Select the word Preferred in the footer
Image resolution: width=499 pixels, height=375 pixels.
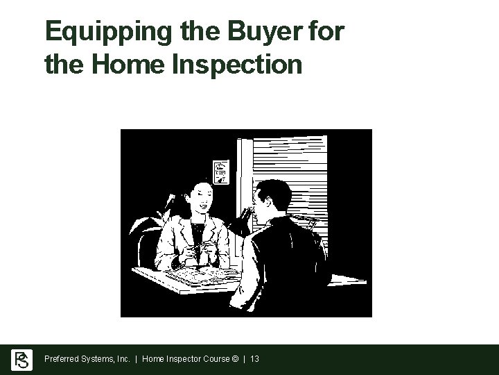point(61,360)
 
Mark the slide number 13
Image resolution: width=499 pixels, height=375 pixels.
point(254,360)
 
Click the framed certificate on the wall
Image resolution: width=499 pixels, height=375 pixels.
point(220,171)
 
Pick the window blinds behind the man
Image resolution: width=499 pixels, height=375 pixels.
point(305,167)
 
